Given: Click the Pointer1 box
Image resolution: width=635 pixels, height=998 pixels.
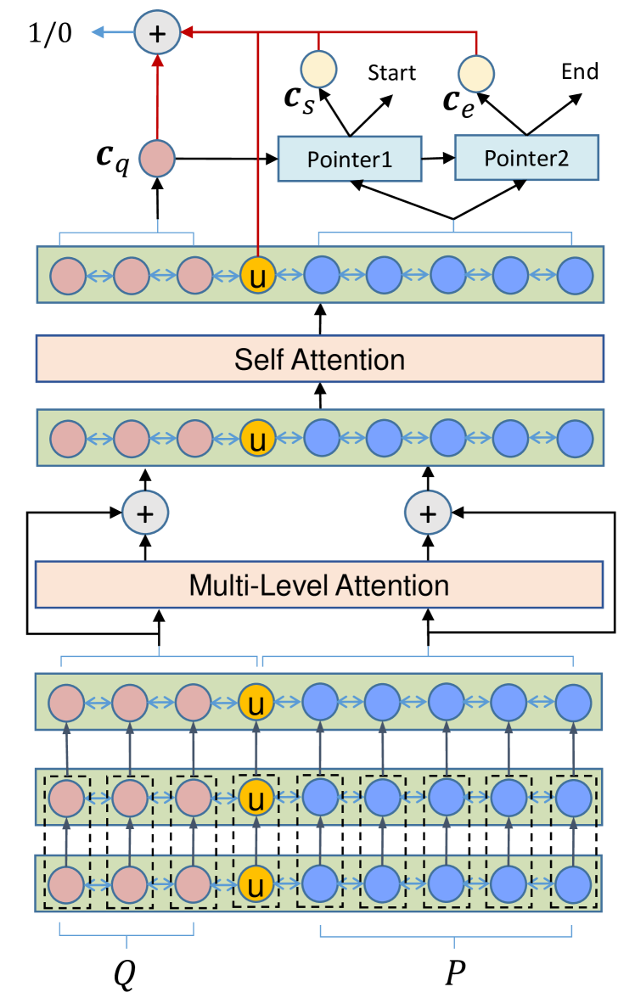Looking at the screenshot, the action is click(x=350, y=159).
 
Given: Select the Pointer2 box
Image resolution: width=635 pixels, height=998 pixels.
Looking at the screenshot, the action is click(x=526, y=157).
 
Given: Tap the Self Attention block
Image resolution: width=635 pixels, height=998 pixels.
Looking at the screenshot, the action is click(x=320, y=359).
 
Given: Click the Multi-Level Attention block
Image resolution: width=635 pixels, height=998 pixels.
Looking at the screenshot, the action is click(x=319, y=585).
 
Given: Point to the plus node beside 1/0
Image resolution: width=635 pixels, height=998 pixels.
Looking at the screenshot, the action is click(x=157, y=32).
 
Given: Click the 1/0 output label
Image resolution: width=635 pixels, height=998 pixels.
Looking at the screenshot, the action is click(x=50, y=32).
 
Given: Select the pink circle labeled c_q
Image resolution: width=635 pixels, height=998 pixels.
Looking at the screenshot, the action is click(x=157, y=158).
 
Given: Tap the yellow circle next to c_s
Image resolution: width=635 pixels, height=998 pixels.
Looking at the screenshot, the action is click(x=318, y=69).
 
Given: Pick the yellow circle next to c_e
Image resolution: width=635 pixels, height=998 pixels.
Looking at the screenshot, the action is click(x=475, y=74).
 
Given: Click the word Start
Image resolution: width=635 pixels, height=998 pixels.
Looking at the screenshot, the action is click(x=391, y=73).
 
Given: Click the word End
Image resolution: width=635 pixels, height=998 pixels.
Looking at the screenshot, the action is click(x=580, y=71).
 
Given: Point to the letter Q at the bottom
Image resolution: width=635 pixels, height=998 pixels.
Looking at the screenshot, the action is click(x=125, y=973).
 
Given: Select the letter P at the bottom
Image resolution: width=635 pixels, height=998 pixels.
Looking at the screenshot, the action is click(x=455, y=972).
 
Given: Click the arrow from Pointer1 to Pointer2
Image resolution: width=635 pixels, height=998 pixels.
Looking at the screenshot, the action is click(x=438, y=158).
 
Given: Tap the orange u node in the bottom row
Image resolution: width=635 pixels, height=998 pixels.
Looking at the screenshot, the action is click(x=256, y=884).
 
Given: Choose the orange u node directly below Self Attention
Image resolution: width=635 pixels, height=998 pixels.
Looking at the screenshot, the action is click(x=257, y=439).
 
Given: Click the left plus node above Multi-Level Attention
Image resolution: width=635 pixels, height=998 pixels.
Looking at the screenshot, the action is click(x=145, y=513).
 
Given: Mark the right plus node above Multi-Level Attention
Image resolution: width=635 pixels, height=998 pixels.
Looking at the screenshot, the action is click(x=428, y=513).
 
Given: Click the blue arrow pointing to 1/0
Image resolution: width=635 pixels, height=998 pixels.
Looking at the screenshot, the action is click(x=113, y=32).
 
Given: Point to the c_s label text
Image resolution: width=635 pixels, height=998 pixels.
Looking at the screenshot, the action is click(x=300, y=99).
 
